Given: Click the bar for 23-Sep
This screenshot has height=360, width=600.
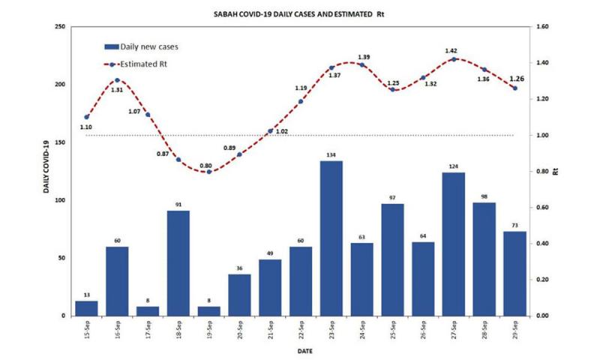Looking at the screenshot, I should tap(331, 238).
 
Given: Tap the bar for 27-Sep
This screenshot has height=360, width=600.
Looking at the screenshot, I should tap(454, 244).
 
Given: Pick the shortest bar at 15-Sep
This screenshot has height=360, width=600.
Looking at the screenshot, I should tap(86, 308).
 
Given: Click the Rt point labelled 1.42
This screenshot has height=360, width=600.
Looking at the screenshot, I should tap(454, 59).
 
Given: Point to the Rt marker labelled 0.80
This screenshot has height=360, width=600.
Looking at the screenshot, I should tap(209, 172).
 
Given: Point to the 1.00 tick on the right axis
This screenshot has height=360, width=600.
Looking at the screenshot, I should tap(538, 136).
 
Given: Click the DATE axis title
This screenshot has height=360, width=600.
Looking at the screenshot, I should tap(300, 349).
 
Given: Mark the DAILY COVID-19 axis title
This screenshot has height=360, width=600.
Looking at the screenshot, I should tap(46, 166).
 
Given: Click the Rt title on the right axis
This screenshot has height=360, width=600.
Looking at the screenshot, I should tap(554, 171).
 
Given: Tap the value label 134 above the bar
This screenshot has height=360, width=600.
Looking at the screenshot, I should tap(331, 155).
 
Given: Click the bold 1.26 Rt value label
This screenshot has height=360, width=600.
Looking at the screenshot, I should tap(517, 79).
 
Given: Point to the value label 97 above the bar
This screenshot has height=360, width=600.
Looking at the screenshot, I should tap(392, 198).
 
